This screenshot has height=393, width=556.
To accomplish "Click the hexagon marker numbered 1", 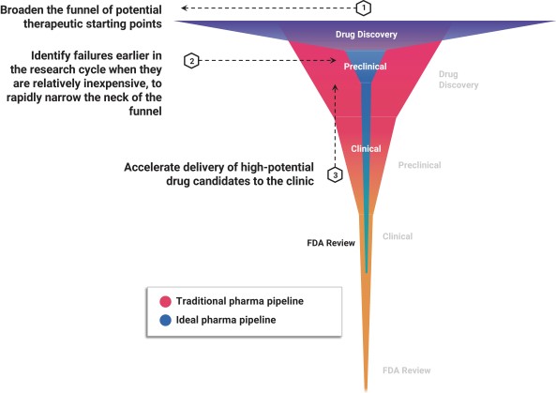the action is [364, 8].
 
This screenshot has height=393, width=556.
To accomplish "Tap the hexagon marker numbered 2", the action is [192, 61].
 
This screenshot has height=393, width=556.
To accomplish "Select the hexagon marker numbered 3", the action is [335, 174].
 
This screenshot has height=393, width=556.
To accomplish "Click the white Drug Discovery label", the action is [367, 35].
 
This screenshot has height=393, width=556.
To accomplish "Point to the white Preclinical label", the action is [366, 67].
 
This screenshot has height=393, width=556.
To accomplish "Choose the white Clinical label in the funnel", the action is [366, 148].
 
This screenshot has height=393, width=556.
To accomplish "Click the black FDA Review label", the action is [331, 243].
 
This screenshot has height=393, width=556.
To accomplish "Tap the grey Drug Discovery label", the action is [458, 80].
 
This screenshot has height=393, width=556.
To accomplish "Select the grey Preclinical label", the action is [419, 165].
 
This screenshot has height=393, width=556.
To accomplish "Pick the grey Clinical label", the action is [398, 236].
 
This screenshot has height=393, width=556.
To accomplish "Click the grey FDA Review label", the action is [406, 370].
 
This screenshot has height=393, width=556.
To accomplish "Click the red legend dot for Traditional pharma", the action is [165, 301].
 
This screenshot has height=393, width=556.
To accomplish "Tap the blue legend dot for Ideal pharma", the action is [165, 320].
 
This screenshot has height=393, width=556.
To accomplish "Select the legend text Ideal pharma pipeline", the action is [226, 320].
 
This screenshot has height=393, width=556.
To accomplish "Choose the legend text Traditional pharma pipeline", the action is [240, 301].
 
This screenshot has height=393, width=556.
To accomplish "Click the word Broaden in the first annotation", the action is [23, 9].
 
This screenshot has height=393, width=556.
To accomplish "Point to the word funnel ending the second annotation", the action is [145, 111].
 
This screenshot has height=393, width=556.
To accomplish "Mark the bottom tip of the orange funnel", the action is [366, 390].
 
